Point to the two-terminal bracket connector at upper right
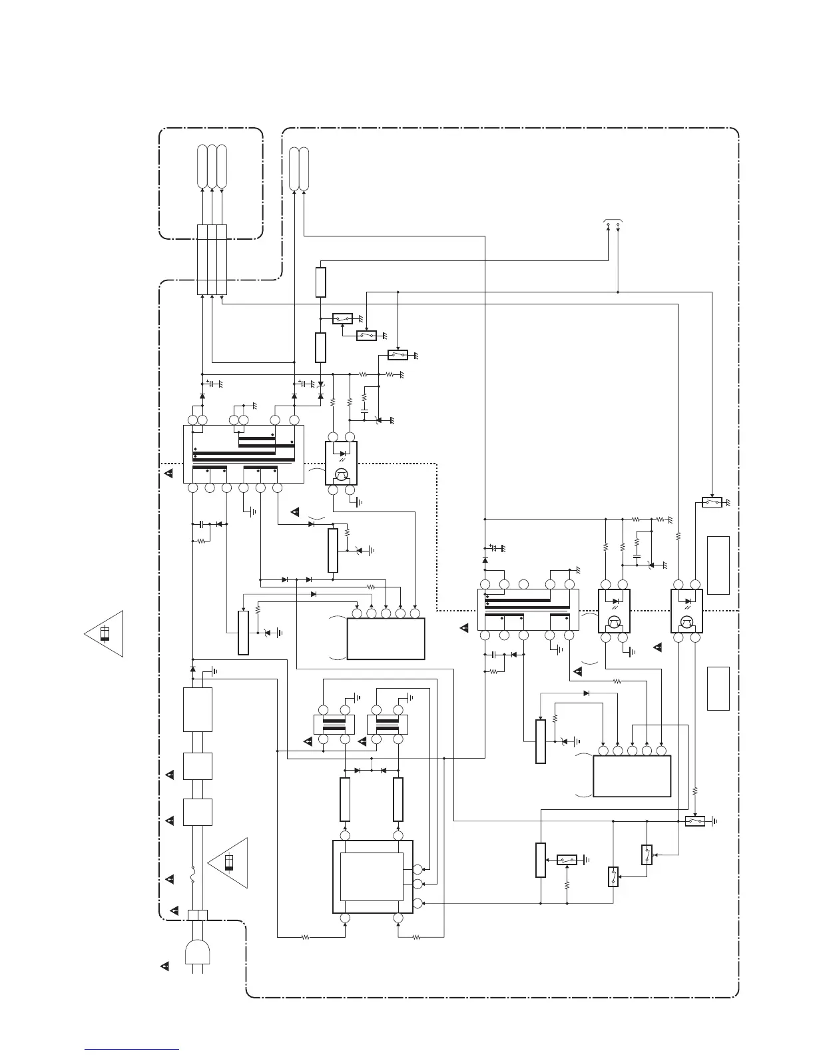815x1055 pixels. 613,222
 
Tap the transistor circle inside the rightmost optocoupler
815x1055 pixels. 686,623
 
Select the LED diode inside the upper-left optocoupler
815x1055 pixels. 342,454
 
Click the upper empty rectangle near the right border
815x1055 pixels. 718,565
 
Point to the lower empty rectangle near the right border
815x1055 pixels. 718,688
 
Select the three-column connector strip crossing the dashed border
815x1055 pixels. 212,259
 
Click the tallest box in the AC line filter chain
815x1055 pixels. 197,710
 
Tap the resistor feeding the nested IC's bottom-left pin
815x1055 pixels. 305,937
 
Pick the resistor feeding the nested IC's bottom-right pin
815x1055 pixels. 416,937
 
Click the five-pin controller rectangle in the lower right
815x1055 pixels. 631,775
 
